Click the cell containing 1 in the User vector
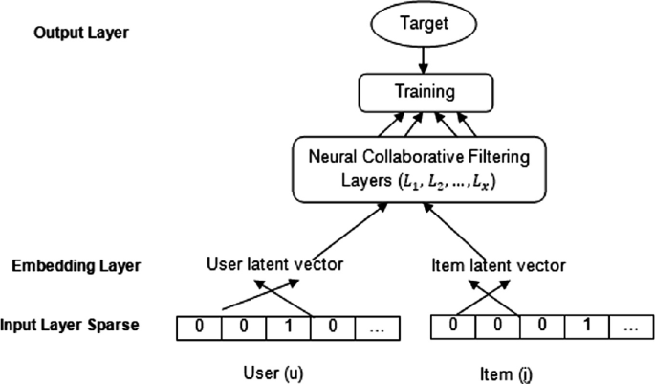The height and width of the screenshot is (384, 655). (x=288, y=326)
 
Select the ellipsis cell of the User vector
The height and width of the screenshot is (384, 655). (x=378, y=326)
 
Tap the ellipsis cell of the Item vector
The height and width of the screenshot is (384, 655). (x=629, y=326)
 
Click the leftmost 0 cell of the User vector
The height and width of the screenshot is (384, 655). (x=198, y=326)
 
